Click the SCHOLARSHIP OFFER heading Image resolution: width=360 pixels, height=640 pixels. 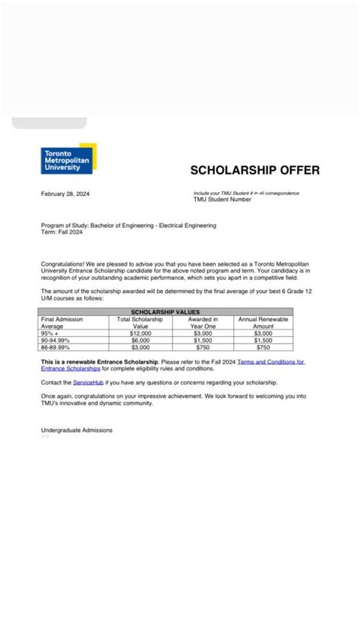pos(254,170)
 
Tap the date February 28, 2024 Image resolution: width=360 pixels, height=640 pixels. pos(65,194)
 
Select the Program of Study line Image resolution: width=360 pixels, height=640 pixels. pos(128,225)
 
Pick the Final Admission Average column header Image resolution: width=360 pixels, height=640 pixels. pos(62,323)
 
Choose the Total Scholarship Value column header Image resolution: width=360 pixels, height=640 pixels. pos(141,323)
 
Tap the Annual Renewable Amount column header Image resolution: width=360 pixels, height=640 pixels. pos(264,323)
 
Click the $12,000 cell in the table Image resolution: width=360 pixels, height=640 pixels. pos(141,333)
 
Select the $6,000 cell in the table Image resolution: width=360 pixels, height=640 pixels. pos(141,340)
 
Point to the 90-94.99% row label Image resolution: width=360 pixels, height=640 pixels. pos(57,340)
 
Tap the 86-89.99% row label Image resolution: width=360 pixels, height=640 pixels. pos(57,347)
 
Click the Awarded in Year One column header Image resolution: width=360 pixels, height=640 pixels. pos(203,323)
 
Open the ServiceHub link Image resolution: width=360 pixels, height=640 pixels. pos(88,383)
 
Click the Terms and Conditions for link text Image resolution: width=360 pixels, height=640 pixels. pos(271,363)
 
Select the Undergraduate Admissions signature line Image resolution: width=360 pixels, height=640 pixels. pos(77,430)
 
